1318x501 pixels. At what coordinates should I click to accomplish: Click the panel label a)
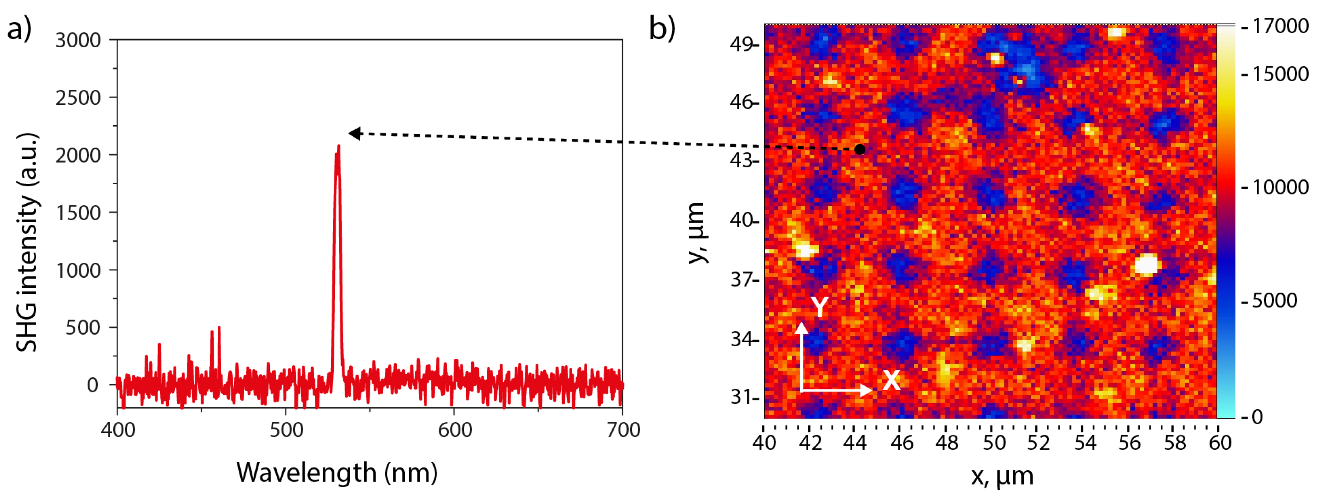point(19,28)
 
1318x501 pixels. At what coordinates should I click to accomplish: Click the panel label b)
point(661,28)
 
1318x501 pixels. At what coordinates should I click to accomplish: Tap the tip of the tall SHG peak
point(339,147)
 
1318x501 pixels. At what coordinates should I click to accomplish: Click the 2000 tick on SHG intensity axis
point(78,155)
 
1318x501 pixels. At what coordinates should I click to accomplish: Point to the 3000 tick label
point(78,40)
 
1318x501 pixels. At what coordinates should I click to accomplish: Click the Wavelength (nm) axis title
point(337,472)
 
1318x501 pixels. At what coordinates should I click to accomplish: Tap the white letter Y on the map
point(819,307)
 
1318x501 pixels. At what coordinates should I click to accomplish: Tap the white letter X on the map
point(891,381)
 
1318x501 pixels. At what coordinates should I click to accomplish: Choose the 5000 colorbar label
point(1274,300)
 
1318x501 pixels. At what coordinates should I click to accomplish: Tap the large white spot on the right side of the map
point(1146,265)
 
